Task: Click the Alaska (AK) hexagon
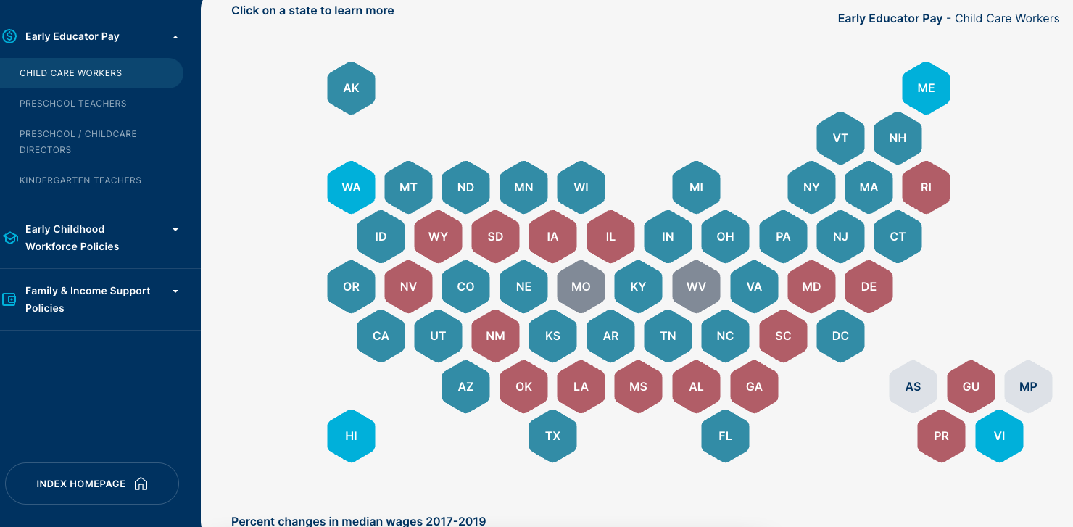click(351, 88)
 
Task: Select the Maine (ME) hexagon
click(926, 88)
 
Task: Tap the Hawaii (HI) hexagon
click(351, 436)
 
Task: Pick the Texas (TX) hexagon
click(552, 436)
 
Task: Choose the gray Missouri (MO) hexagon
click(581, 286)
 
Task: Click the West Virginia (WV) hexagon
click(696, 286)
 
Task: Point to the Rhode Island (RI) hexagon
click(926, 187)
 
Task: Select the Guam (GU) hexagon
click(971, 386)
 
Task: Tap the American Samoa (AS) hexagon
click(913, 386)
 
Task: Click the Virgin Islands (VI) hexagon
click(999, 436)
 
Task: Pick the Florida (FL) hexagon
click(725, 436)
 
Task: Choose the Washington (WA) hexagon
click(351, 187)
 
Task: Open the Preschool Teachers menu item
click(73, 104)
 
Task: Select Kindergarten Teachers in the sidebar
click(80, 180)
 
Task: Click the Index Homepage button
click(91, 484)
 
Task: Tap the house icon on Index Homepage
click(141, 484)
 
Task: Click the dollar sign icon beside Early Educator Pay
click(9, 36)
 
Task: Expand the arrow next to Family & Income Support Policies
click(175, 291)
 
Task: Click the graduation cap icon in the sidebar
click(10, 238)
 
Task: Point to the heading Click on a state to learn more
click(312, 10)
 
